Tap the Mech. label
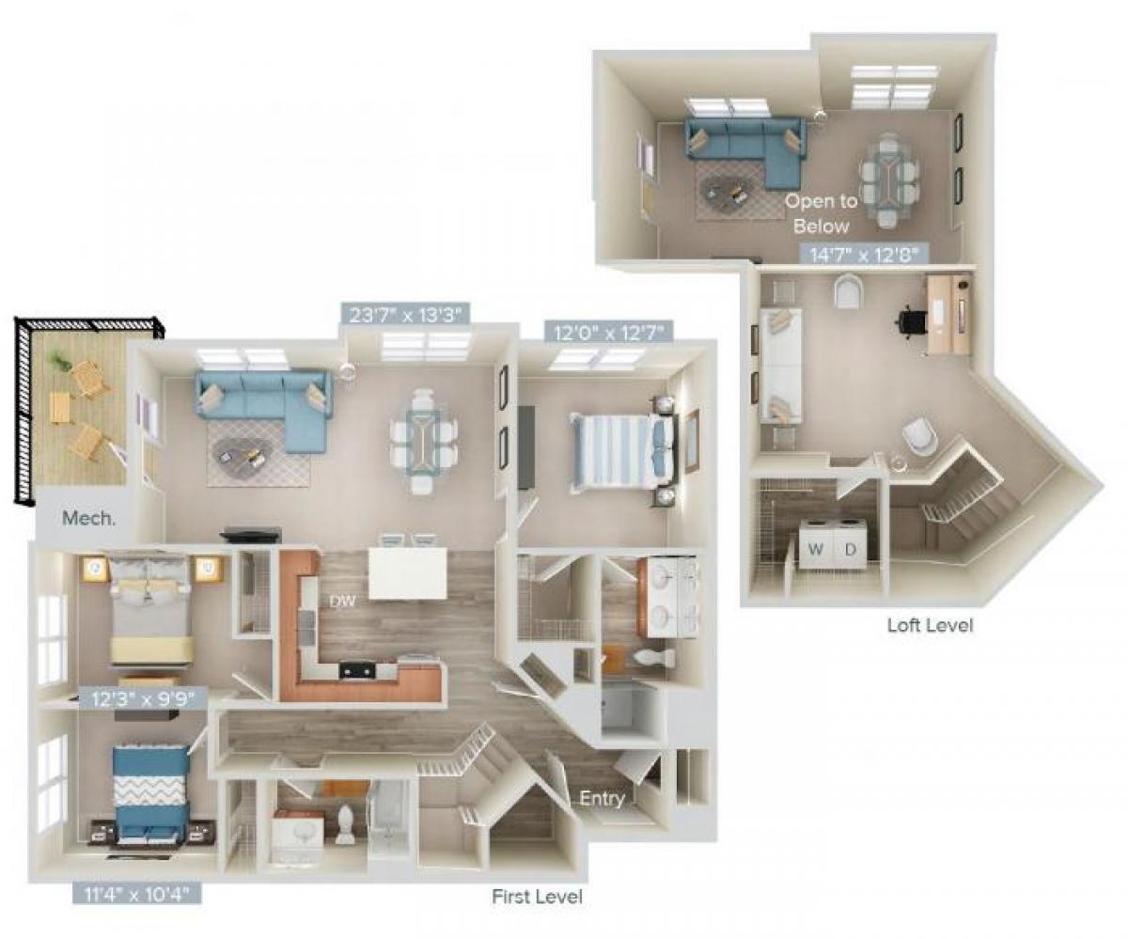pyautogui.click(x=88, y=517)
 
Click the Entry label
pyautogui.click(x=602, y=799)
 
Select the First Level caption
pyautogui.click(x=537, y=897)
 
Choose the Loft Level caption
pyautogui.click(x=930, y=625)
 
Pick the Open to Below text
pyautogui.click(x=821, y=212)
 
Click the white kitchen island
pyautogui.click(x=407, y=573)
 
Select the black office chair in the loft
pyautogui.click(x=910, y=321)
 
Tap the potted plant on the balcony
pyautogui.click(x=59, y=359)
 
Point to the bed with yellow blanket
pyautogui.click(x=150, y=611)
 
